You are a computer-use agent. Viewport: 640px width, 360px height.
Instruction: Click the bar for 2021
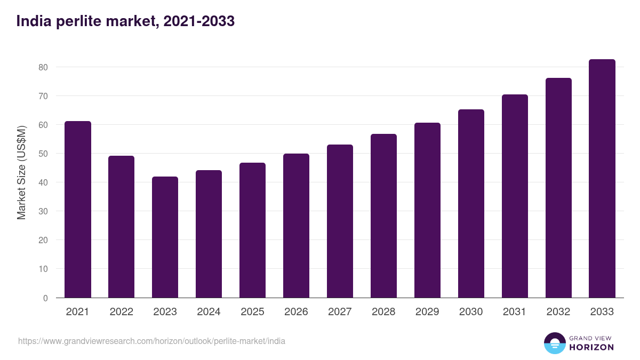click(78, 210)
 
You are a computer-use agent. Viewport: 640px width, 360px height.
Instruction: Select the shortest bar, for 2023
click(165, 237)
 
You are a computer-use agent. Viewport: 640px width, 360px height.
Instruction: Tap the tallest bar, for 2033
click(602, 179)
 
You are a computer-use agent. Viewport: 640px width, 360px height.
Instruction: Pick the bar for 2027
click(340, 221)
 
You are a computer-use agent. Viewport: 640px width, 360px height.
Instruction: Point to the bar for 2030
click(471, 204)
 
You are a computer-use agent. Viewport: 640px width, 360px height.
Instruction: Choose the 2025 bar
click(253, 230)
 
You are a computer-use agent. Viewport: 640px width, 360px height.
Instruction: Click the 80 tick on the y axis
click(43, 67)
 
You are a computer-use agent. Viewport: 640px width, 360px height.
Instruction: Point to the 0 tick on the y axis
click(45, 298)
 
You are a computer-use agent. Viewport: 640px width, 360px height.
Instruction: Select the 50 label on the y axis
click(43, 154)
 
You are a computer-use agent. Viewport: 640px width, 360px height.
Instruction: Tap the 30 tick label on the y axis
click(43, 211)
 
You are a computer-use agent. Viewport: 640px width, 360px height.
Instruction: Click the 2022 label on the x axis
click(122, 311)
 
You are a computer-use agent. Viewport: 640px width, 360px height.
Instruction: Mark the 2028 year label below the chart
click(383, 311)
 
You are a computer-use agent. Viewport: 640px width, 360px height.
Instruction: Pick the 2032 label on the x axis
click(558, 311)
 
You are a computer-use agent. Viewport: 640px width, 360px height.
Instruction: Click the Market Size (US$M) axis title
click(21, 173)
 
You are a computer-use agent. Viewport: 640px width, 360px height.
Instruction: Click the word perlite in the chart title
click(79, 21)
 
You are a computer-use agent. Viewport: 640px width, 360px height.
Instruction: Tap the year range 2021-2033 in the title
click(199, 21)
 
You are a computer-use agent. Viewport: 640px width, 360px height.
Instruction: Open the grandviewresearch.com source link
click(151, 341)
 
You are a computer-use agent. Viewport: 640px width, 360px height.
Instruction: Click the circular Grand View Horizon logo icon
click(555, 343)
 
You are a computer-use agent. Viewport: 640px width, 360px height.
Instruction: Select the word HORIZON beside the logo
click(591, 347)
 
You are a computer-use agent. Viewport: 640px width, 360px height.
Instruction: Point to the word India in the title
click(34, 21)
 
